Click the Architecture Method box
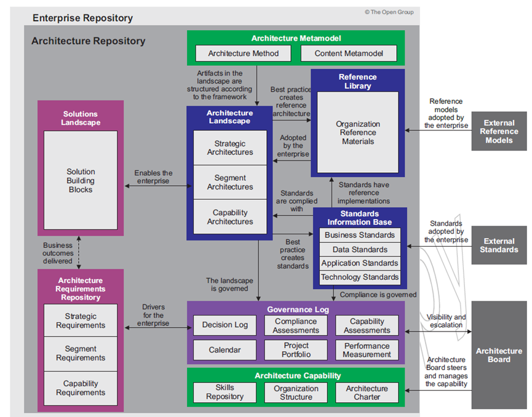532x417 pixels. [x=243, y=54]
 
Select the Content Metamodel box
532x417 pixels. [x=349, y=54]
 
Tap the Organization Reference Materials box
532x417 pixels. [x=357, y=132]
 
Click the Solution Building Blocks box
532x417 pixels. [x=81, y=180]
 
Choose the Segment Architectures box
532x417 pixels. [x=230, y=182]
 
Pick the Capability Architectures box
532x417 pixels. [x=230, y=217]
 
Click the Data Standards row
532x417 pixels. [x=360, y=250]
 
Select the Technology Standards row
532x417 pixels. [x=360, y=277]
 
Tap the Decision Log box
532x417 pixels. [x=225, y=325]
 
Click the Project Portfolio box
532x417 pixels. [x=296, y=350]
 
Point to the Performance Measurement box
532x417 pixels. [x=367, y=350]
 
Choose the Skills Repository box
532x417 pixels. [x=225, y=392]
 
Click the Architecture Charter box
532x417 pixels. [x=367, y=392]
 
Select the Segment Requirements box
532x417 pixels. [x=81, y=354]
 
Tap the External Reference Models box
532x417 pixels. [x=499, y=132]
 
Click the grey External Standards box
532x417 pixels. [x=499, y=245]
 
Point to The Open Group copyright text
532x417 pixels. [x=389, y=12]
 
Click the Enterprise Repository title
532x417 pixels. [x=82, y=18]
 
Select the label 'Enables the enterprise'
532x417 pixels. [x=153, y=177]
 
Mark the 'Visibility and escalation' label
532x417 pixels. [x=446, y=321]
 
